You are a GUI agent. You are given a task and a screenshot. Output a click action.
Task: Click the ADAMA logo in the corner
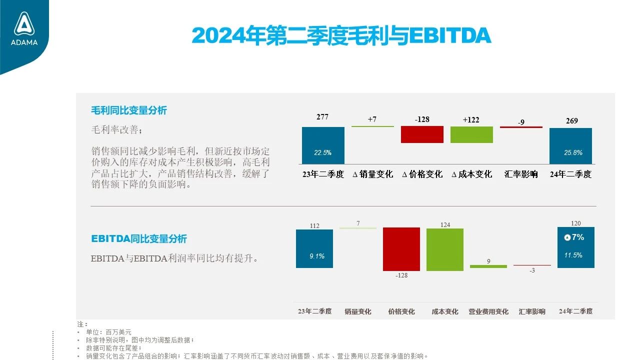(x=24, y=28)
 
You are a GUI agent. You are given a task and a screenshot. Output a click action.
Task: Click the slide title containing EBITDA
(x=341, y=35)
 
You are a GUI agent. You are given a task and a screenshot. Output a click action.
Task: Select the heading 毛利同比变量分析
(x=129, y=110)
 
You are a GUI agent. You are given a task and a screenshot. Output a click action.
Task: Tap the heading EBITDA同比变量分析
(x=139, y=238)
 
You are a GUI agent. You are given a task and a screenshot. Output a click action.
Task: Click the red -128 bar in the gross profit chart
(x=422, y=134)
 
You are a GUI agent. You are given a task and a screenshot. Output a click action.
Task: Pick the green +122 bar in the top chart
(x=471, y=134)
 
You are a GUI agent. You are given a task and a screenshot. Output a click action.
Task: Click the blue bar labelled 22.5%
(x=323, y=145)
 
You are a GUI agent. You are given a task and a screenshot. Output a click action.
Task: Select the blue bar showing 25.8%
(x=570, y=146)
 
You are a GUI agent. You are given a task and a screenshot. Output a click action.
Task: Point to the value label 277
(x=322, y=117)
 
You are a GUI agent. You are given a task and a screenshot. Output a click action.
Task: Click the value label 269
(x=571, y=121)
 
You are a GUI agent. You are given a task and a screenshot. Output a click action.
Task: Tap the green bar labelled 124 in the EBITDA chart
(x=445, y=249)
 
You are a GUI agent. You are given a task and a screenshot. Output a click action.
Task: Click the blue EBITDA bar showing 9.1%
(x=314, y=248)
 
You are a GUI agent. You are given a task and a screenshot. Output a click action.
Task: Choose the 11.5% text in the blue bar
(x=573, y=255)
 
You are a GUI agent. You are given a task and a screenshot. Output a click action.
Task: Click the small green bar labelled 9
(x=488, y=266)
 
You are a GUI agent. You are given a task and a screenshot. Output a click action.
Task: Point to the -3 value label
(x=532, y=270)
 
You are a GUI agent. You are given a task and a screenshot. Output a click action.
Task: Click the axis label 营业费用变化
(x=488, y=311)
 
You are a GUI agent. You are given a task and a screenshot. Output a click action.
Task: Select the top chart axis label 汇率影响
(x=521, y=174)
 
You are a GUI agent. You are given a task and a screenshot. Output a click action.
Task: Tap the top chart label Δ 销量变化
(x=372, y=174)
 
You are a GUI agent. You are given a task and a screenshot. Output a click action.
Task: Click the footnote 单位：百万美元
(x=108, y=332)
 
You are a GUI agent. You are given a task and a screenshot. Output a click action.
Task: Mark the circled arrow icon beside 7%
(x=567, y=237)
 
